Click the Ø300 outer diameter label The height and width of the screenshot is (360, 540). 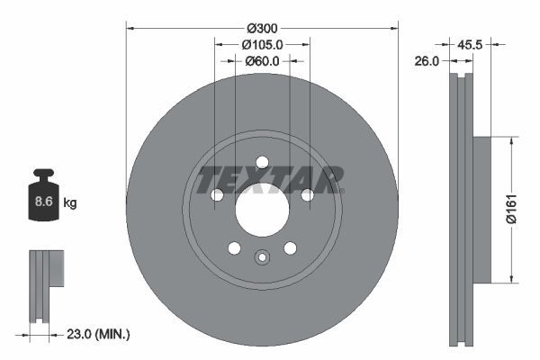coord(262,27)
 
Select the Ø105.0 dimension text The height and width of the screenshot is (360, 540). coord(262,44)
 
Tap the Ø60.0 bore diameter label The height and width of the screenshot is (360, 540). coord(262,62)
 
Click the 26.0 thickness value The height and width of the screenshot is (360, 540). coord(427,62)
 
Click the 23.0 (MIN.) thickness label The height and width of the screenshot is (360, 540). coord(99,334)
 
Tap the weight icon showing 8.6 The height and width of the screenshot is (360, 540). coord(43,200)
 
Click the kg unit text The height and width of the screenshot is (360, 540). coord(69,203)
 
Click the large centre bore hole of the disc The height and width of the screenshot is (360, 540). coord(262,210)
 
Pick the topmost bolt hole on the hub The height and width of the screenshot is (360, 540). coord(262,163)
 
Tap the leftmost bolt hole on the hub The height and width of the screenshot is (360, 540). coord(217,195)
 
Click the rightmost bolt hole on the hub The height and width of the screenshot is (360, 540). coord(307,195)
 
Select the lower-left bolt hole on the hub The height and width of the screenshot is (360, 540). coord(234,248)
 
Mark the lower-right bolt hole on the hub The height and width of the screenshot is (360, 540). coord(290,248)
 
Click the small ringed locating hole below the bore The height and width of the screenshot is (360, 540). coord(262,257)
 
